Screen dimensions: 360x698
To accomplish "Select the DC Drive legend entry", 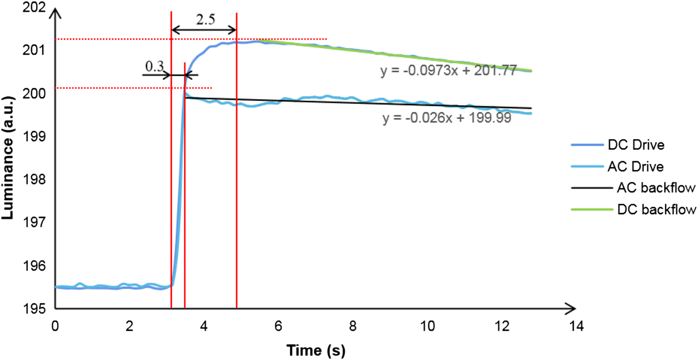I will click(635, 145).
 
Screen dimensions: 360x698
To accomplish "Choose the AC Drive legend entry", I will click(635, 166).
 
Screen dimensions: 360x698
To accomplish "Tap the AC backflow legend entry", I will click(655, 188).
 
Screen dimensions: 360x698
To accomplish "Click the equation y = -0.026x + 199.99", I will click(447, 120).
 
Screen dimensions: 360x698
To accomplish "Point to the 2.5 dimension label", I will click(205, 18).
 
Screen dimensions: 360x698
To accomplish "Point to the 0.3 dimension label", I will click(154, 66).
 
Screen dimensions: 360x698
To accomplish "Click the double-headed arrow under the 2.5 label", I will click(204, 31).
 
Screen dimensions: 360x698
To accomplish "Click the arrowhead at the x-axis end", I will click(571, 308).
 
